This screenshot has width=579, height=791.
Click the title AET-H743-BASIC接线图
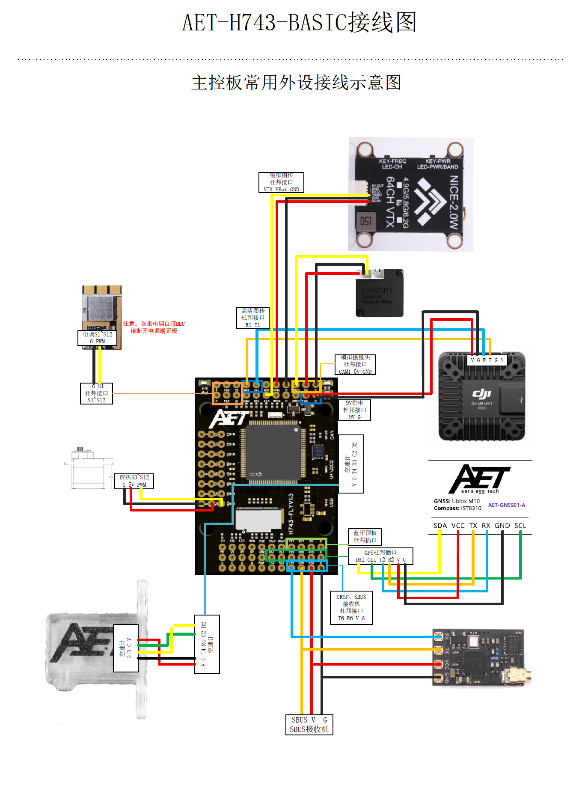[299, 23]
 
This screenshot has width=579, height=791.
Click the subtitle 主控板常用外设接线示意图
[296, 83]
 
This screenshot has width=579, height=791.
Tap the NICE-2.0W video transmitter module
[410, 194]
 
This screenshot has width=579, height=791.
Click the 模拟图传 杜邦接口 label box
[281, 182]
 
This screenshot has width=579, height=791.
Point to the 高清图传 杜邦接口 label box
[253, 318]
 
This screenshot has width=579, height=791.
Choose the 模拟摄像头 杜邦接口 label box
[355, 365]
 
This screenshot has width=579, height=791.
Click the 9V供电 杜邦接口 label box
[354, 410]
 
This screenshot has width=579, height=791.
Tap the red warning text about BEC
[154, 327]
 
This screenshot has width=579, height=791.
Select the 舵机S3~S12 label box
[134, 481]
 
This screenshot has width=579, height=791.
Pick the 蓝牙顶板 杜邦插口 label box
[365, 537]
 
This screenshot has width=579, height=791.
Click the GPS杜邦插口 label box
[380, 556]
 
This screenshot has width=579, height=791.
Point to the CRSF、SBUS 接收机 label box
[351, 607]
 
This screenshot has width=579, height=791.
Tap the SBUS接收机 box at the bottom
[309, 725]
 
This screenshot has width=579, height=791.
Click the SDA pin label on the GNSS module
[440, 526]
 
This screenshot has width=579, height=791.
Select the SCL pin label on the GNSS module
[520, 526]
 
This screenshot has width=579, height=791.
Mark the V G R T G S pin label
[487, 360]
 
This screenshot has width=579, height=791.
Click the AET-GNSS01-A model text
[507, 505]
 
